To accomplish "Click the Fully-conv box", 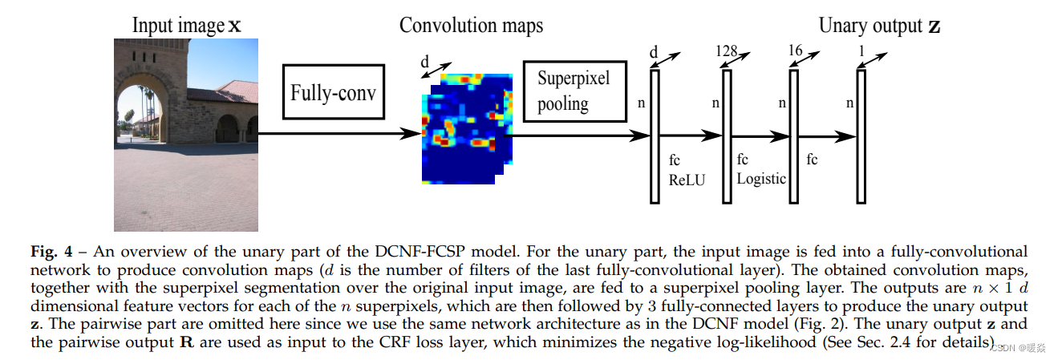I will (x=333, y=92).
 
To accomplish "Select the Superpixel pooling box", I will (x=574, y=91).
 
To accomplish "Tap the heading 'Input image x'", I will (x=186, y=26).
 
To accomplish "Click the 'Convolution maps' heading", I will (x=471, y=26).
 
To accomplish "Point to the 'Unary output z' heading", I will (x=879, y=26).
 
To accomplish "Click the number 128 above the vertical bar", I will (x=726, y=51).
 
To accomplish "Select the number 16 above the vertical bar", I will (x=794, y=51).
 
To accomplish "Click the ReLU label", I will (x=687, y=180).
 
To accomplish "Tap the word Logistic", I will (x=761, y=178).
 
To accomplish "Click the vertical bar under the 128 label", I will (x=727, y=136).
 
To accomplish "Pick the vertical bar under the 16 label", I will (x=794, y=136).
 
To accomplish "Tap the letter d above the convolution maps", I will (x=424, y=62).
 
